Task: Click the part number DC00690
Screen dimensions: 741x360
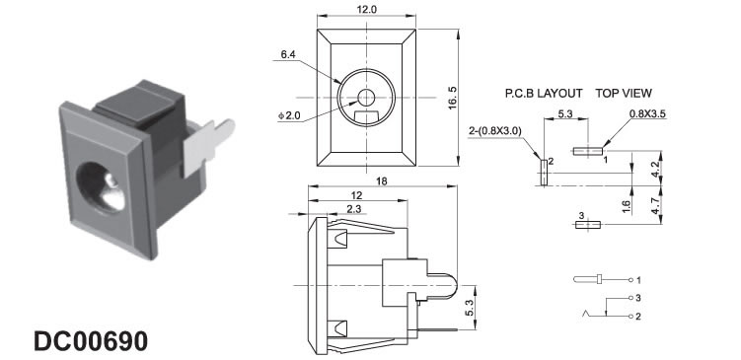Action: pyautogui.click(x=91, y=340)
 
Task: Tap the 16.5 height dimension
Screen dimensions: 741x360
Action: pyautogui.click(x=453, y=98)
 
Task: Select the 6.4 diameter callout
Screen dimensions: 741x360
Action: pyautogui.click(x=288, y=55)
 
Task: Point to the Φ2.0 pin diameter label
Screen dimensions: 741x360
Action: pyautogui.click(x=290, y=115)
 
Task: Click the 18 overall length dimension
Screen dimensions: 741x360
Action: pyautogui.click(x=382, y=180)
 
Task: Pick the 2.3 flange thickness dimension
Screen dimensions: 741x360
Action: pyautogui.click(x=353, y=209)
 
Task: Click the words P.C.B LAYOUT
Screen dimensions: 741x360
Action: pyautogui.click(x=544, y=94)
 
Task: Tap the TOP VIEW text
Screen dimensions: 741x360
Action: pyautogui.click(x=624, y=93)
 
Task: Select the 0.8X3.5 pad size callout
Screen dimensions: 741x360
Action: pyautogui.click(x=647, y=113)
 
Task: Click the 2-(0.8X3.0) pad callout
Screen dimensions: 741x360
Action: pyautogui.click(x=494, y=131)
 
